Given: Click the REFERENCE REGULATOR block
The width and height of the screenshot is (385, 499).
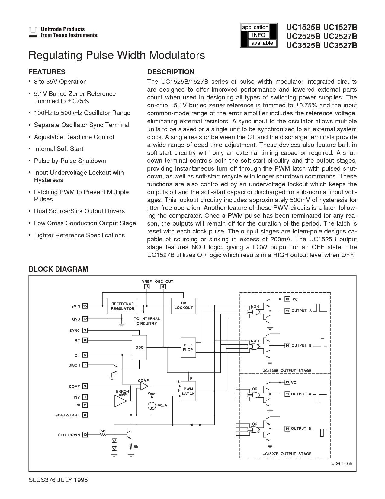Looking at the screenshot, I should (x=123, y=306).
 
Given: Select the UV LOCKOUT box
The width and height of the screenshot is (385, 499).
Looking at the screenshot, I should (x=183, y=305).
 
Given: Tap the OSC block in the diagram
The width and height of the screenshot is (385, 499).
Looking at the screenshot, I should (x=139, y=347).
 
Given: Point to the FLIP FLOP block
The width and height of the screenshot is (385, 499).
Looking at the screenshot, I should (x=188, y=347).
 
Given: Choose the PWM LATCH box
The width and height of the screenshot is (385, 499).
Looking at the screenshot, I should (x=188, y=391).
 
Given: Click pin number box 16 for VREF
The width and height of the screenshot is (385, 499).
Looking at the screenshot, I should (x=147, y=287).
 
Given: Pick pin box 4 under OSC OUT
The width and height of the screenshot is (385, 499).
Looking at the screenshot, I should (x=163, y=287).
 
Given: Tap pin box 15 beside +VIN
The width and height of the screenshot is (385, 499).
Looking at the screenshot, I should (x=85, y=306).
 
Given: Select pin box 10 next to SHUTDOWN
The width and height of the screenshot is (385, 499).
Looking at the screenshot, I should (x=85, y=435).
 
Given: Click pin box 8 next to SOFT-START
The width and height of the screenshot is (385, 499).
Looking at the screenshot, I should (x=85, y=415).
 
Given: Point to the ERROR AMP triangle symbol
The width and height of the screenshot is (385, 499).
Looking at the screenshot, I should (x=120, y=401).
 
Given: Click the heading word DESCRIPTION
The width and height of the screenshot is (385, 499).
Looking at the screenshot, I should (x=171, y=72).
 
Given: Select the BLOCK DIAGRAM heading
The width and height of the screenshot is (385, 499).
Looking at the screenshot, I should (x=58, y=269).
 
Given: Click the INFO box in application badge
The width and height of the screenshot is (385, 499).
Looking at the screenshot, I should (x=258, y=35).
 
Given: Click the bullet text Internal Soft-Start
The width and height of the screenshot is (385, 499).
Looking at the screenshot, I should (x=59, y=149).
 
